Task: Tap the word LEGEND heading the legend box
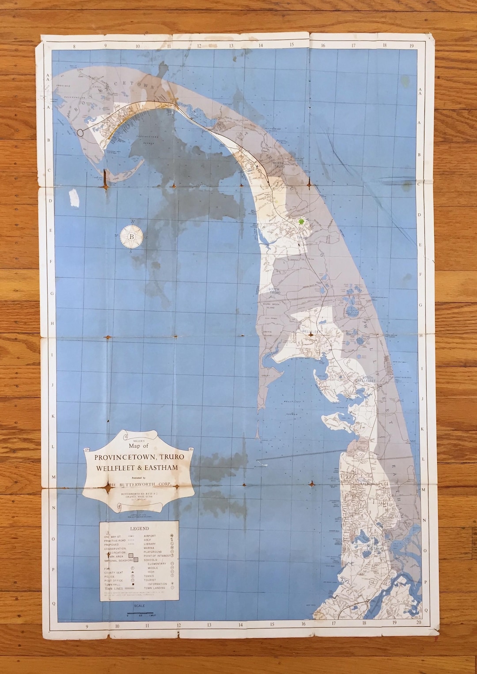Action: pyautogui.click(x=139, y=528)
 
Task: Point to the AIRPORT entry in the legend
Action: pyautogui.click(x=150, y=536)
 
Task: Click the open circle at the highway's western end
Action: pyautogui.click(x=80, y=132)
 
